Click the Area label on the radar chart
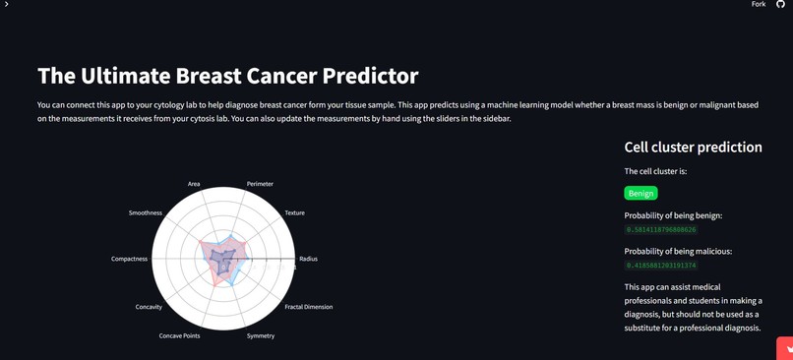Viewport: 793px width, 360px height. (194, 184)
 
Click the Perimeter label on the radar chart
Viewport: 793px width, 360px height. (260, 184)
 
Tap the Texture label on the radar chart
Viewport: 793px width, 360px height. (294, 212)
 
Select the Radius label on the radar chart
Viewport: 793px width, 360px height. (308, 259)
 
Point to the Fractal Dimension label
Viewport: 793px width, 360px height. (308, 307)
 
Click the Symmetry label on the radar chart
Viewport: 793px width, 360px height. (261, 335)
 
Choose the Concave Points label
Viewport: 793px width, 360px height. (179, 335)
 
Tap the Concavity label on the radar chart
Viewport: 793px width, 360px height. (149, 307)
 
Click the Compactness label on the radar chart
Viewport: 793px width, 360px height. (129, 259)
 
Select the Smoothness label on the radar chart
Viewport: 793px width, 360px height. (145, 212)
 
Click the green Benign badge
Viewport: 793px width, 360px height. (640, 193)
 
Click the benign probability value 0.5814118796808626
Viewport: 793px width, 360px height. (661, 230)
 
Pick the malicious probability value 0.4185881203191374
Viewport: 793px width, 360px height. (661, 266)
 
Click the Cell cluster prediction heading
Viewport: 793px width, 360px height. (693, 148)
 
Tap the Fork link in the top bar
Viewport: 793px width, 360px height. (759, 5)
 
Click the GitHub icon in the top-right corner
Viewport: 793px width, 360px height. (781, 5)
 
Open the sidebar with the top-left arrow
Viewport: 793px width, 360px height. (6, 5)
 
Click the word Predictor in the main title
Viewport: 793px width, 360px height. (366, 76)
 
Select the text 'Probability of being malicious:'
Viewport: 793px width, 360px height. (678, 251)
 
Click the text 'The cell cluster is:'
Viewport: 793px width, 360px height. (655, 171)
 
